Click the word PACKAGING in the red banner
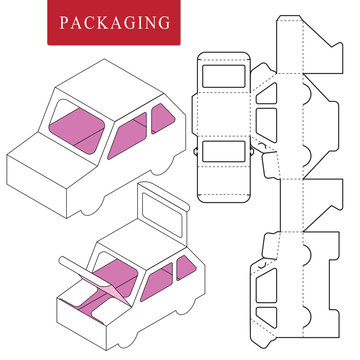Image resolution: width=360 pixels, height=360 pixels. (99, 22)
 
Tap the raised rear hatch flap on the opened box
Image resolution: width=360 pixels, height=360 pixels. (161, 214)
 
